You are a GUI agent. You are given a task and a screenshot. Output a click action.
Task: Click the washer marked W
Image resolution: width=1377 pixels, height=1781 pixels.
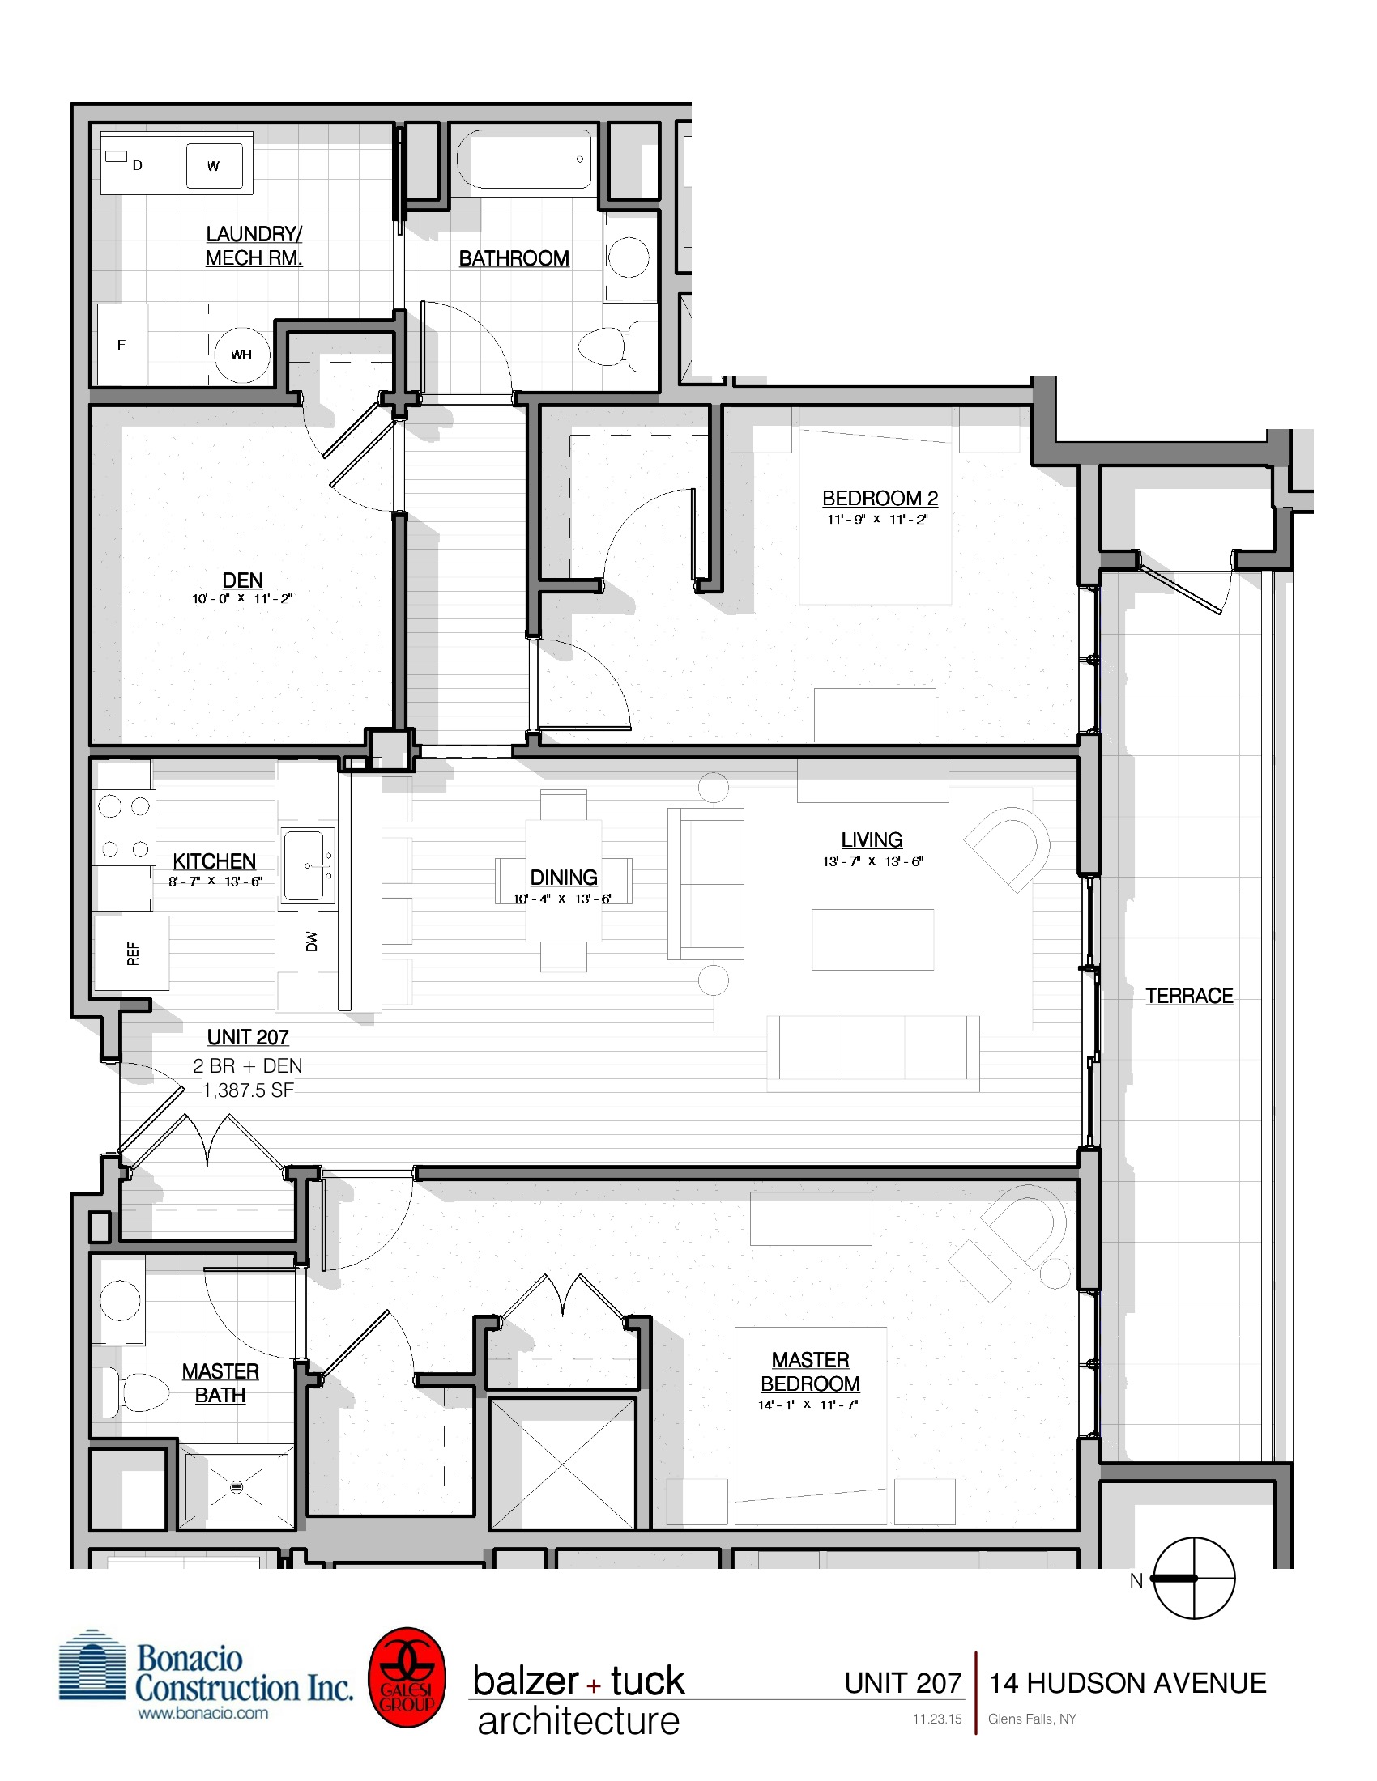point(214,166)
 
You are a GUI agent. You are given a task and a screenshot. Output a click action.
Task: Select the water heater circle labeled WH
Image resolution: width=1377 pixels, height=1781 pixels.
point(241,355)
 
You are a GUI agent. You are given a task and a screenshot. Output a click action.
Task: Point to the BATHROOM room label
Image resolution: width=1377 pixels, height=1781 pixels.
point(514,258)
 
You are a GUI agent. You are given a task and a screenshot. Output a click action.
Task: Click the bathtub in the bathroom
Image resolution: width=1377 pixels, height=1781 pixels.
point(525,159)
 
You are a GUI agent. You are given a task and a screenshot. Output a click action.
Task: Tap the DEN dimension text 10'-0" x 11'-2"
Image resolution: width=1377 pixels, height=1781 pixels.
point(241,598)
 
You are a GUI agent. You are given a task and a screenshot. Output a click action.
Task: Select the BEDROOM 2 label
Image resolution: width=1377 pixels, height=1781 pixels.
point(880,498)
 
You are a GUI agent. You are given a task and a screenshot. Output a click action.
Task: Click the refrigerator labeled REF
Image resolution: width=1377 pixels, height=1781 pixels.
point(132,954)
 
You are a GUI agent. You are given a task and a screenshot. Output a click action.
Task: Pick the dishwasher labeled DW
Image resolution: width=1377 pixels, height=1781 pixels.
point(311,941)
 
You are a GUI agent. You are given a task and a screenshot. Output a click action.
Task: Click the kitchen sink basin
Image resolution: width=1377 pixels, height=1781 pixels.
point(305,865)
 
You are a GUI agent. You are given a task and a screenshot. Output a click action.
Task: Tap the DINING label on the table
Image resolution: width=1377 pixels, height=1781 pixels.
point(564,878)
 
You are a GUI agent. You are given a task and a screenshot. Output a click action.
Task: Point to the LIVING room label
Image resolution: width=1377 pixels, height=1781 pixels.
point(872,840)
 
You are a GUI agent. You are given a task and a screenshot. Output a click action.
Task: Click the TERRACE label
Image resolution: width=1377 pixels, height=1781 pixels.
point(1188,996)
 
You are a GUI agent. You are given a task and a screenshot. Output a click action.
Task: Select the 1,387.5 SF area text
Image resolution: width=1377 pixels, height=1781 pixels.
point(248,1090)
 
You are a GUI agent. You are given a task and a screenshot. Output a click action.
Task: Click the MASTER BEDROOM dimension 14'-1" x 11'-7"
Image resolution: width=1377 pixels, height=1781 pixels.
point(808,1405)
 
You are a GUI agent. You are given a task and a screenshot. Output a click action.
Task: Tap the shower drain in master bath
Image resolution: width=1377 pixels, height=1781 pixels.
point(237,1486)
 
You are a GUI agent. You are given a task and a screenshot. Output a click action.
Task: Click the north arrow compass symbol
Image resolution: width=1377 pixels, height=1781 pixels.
point(1193,1578)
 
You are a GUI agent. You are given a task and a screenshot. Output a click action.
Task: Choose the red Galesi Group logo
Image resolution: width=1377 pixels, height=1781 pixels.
point(407,1677)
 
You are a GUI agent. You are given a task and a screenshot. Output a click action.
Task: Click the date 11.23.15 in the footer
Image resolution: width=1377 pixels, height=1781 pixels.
point(936,1719)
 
